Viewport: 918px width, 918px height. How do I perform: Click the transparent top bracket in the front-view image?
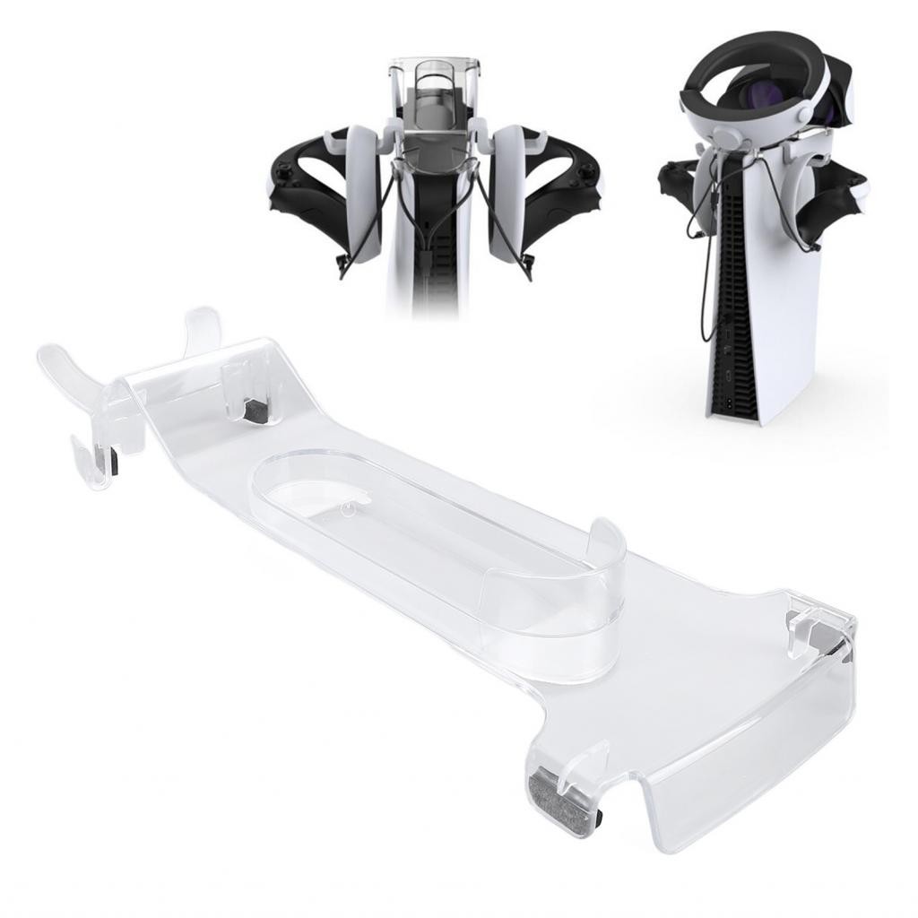[435, 85]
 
